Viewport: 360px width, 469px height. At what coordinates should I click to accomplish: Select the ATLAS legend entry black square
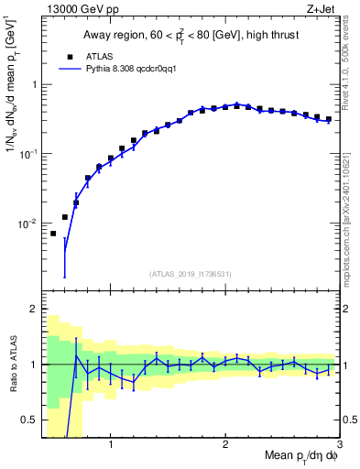coord(67,55)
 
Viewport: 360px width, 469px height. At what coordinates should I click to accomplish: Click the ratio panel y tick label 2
coord(33,309)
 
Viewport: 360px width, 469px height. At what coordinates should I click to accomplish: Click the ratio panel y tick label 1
coord(33,365)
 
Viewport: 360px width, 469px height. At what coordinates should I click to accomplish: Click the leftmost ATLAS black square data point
coord(53,234)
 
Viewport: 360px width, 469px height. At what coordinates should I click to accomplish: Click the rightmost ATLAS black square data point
coord(329,119)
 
